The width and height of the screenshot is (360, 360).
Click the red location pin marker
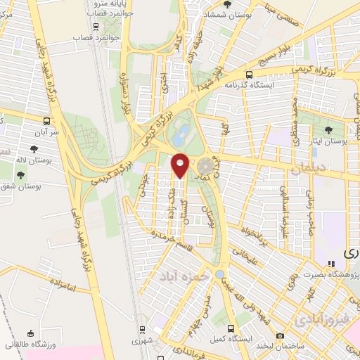(180, 165)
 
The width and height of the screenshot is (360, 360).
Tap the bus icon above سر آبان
(46, 120)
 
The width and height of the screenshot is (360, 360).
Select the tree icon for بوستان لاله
(33, 148)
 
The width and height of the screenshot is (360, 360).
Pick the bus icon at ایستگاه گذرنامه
(249, 75)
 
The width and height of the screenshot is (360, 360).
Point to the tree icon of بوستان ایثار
(329, 130)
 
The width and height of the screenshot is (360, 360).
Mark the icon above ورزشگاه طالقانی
(30, 334)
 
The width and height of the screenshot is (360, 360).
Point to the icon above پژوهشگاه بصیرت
(311, 264)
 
